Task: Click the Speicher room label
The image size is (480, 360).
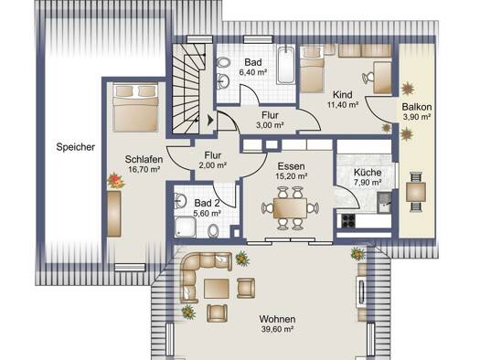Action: [x=75, y=147]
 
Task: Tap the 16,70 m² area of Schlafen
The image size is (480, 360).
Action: [x=144, y=169]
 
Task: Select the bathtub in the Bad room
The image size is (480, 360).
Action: [x=286, y=65]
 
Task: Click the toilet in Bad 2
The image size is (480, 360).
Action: [x=213, y=230]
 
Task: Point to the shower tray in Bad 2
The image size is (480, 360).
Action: [x=186, y=227]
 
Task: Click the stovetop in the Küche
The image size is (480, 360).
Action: [x=348, y=221]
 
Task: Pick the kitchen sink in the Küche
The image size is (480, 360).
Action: [x=384, y=202]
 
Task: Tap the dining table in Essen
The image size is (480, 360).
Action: [x=290, y=208]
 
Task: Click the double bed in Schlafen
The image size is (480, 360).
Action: [x=135, y=107]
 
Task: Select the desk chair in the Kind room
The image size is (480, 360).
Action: [x=368, y=78]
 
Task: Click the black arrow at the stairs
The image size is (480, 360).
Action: [x=210, y=120]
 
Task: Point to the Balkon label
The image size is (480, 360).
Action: [x=417, y=107]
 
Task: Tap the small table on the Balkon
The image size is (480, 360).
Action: [x=415, y=192]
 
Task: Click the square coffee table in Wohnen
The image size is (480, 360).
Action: [x=217, y=289]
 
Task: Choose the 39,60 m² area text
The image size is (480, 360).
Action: [x=278, y=330]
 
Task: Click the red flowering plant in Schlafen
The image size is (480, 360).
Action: [x=116, y=181]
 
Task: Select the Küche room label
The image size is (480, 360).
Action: [x=368, y=172]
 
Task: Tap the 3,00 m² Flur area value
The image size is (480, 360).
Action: [x=270, y=125]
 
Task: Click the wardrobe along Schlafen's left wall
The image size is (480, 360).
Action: [x=113, y=214]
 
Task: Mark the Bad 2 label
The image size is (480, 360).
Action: [x=207, y=203]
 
